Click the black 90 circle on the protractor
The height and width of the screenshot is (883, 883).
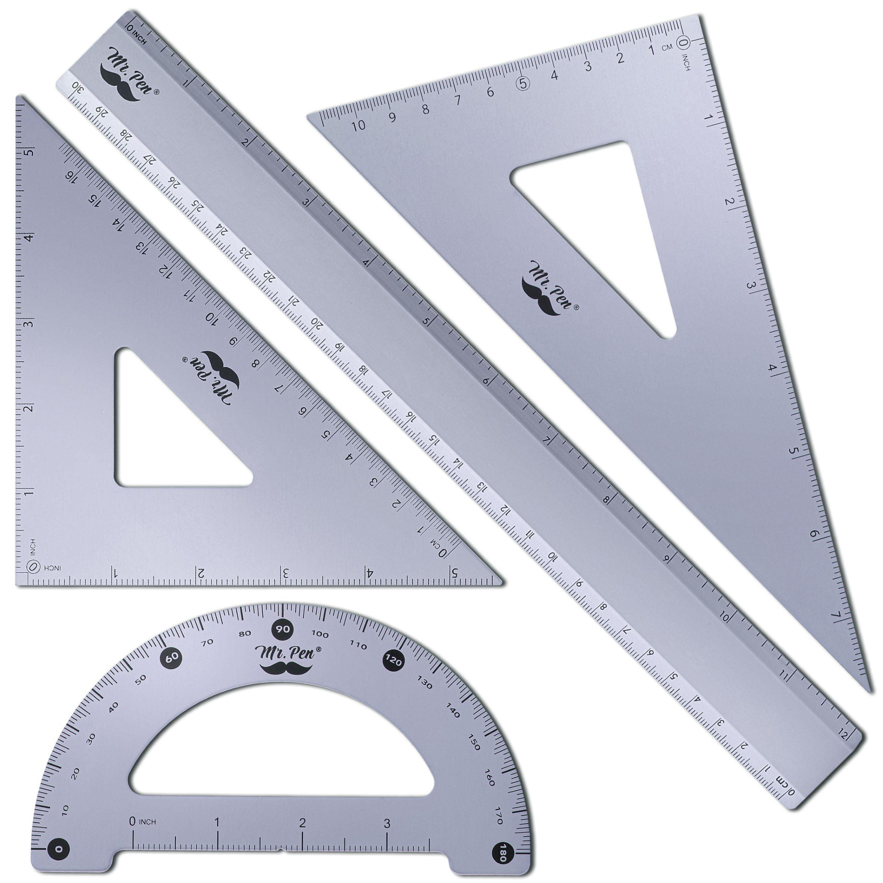tap(283, 629)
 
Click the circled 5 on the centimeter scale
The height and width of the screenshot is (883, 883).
tap(523, 83)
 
